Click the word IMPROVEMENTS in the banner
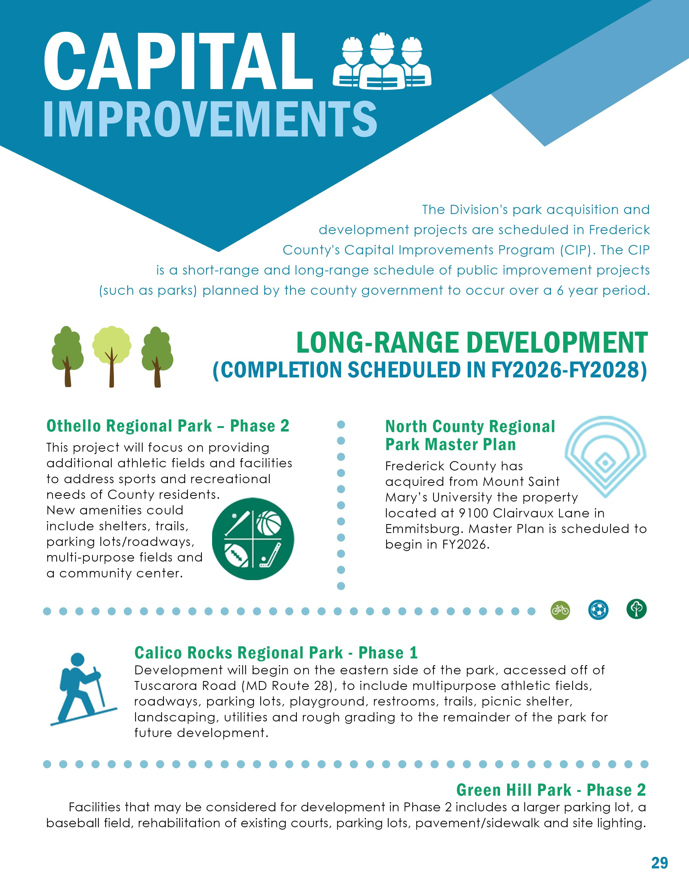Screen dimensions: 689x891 (x=210, y=119)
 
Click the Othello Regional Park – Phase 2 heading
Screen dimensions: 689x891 (x=168, y=426)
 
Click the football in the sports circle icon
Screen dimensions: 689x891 (x=237, y=555)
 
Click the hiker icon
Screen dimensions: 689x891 (x=83, y=689)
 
